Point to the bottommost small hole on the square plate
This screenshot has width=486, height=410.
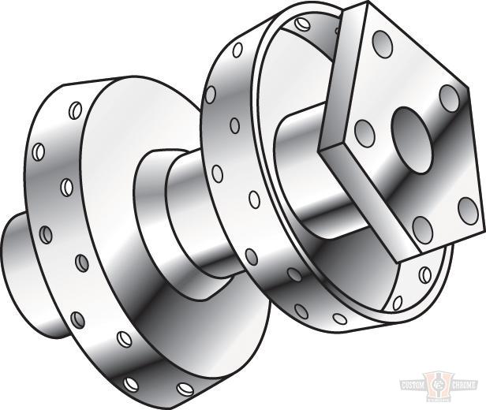point(423,229)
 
